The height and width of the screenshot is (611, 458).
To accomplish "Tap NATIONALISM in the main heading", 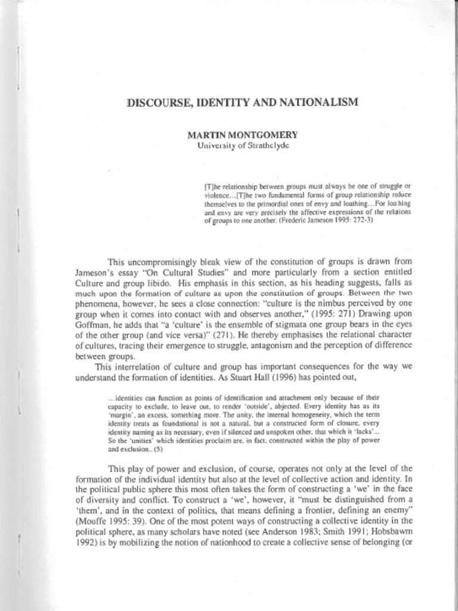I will tap(324, 102).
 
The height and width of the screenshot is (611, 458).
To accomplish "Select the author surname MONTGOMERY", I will tap(265, 135).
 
